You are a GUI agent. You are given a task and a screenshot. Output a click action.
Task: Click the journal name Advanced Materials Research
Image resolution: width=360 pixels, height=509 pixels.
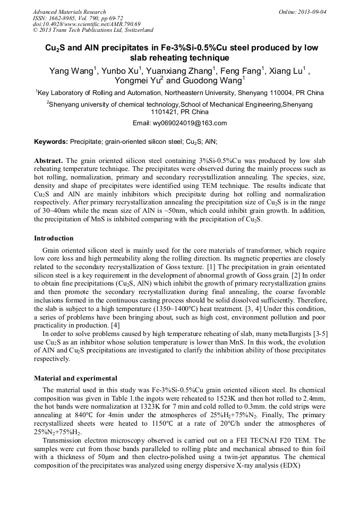click(69, 12)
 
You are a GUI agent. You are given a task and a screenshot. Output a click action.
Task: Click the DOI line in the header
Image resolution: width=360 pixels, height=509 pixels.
click(87, 24)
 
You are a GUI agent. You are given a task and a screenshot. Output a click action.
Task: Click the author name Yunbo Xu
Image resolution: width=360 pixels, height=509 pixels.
click(121, 71)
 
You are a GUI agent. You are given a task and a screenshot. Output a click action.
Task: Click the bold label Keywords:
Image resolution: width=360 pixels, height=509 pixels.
click(51, 142)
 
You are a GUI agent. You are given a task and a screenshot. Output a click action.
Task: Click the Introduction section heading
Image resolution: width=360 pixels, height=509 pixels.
click(54, 238)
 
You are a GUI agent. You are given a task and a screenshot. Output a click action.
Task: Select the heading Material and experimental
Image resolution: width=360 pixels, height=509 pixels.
click(75, 378)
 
